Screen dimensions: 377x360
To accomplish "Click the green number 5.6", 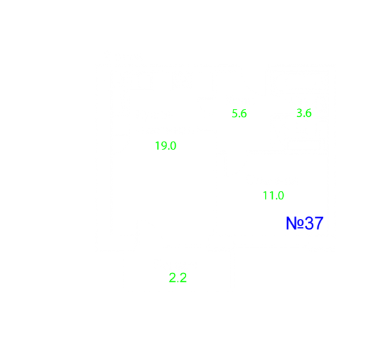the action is point(239,113).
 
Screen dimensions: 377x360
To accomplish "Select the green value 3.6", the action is point(304,113).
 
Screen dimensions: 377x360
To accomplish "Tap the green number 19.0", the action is point(166,146).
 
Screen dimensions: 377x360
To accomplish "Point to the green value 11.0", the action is point(273,195).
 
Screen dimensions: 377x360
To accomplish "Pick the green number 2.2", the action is point(178,277).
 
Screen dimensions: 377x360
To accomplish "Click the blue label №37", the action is point(305,223).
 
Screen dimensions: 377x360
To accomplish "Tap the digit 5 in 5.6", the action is point(235,113).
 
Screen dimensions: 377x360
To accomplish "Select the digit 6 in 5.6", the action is point(243,113).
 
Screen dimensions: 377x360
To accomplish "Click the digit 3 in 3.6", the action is point(300,113).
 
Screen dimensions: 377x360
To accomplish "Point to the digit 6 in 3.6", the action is point(308,113).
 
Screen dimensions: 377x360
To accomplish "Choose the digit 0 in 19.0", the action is point(173,146).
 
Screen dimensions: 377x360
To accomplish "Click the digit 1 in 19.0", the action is point(157,146).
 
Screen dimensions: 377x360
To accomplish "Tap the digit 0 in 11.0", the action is point(281,195).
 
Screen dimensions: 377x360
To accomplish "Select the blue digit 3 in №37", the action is point(309,223).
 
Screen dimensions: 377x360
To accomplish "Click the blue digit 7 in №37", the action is point(319,223).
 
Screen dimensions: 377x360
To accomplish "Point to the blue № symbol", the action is point(295,223).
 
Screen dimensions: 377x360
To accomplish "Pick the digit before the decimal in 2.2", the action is point(172,277).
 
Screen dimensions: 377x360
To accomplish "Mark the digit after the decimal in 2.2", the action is point(183,277).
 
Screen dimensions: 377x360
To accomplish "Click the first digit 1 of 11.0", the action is point(265,195).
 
